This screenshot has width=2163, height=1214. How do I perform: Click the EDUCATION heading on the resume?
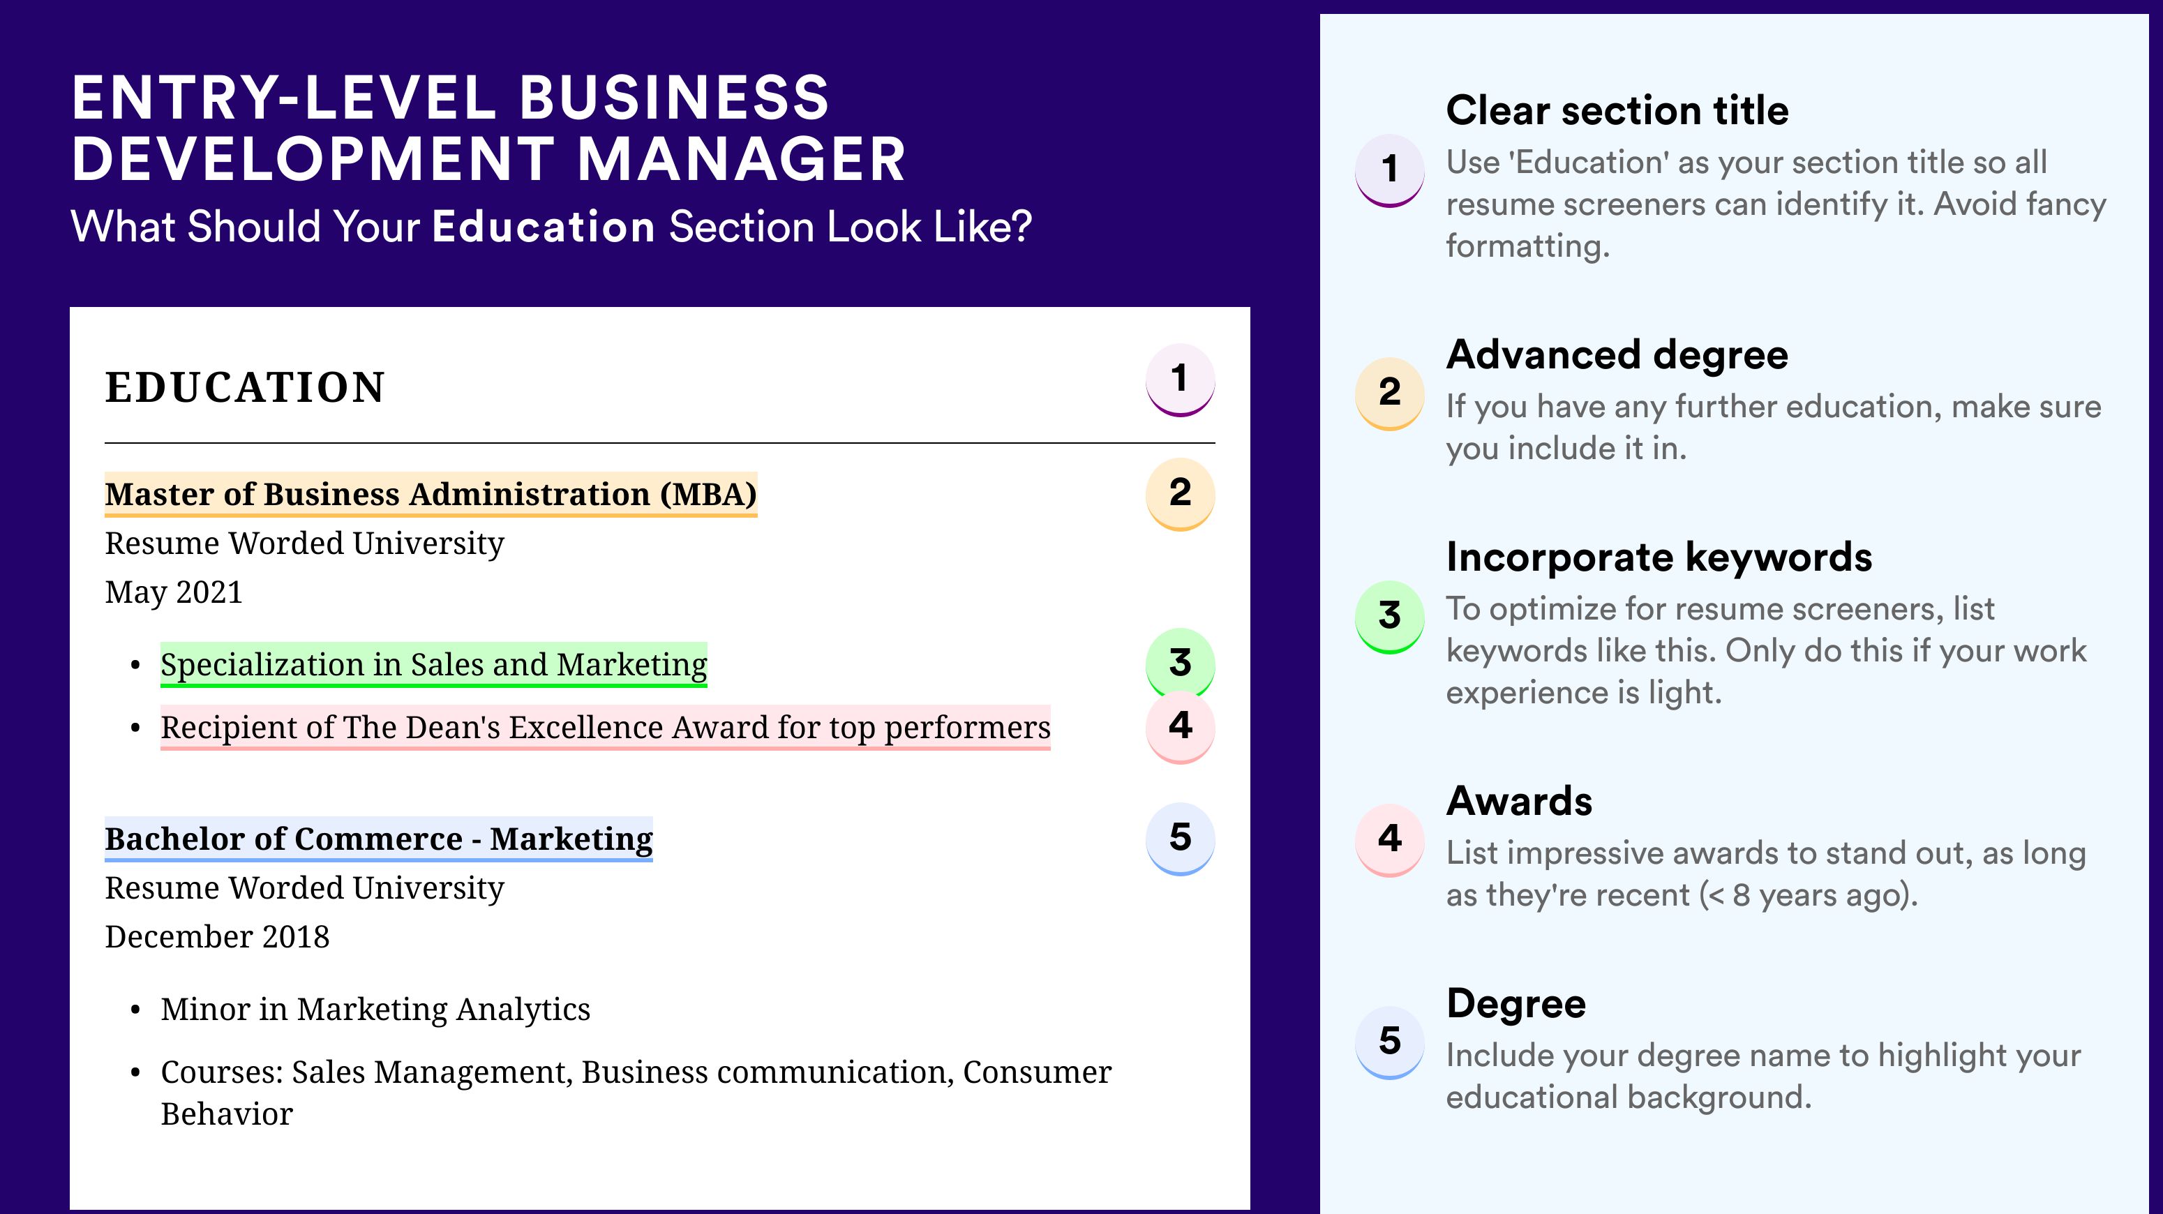244,387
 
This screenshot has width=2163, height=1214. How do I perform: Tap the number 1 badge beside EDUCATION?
1180,380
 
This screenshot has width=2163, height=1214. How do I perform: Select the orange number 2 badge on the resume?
1180,494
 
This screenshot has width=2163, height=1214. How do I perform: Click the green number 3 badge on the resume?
1180,662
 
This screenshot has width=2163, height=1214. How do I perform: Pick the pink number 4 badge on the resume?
1180,726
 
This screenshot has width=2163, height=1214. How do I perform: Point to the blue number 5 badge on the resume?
1180,839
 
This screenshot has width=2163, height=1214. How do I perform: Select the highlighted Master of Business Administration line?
431,495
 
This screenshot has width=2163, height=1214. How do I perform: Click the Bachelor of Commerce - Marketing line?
379,839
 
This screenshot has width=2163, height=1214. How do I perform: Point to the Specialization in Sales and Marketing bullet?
434,665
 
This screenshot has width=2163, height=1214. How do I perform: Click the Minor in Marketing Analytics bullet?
375,1009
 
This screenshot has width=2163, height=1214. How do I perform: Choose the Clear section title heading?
1617,110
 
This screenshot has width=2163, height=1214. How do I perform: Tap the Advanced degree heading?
1617,354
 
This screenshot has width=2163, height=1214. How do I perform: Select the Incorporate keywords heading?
1659,557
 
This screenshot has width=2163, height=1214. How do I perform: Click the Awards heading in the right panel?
1519,801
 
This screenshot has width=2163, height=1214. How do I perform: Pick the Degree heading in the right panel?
1516,1003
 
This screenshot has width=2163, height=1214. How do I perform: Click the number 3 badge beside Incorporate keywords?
1390,616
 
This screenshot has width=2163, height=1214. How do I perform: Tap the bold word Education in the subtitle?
544,227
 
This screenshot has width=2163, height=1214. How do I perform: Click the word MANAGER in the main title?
742,160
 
